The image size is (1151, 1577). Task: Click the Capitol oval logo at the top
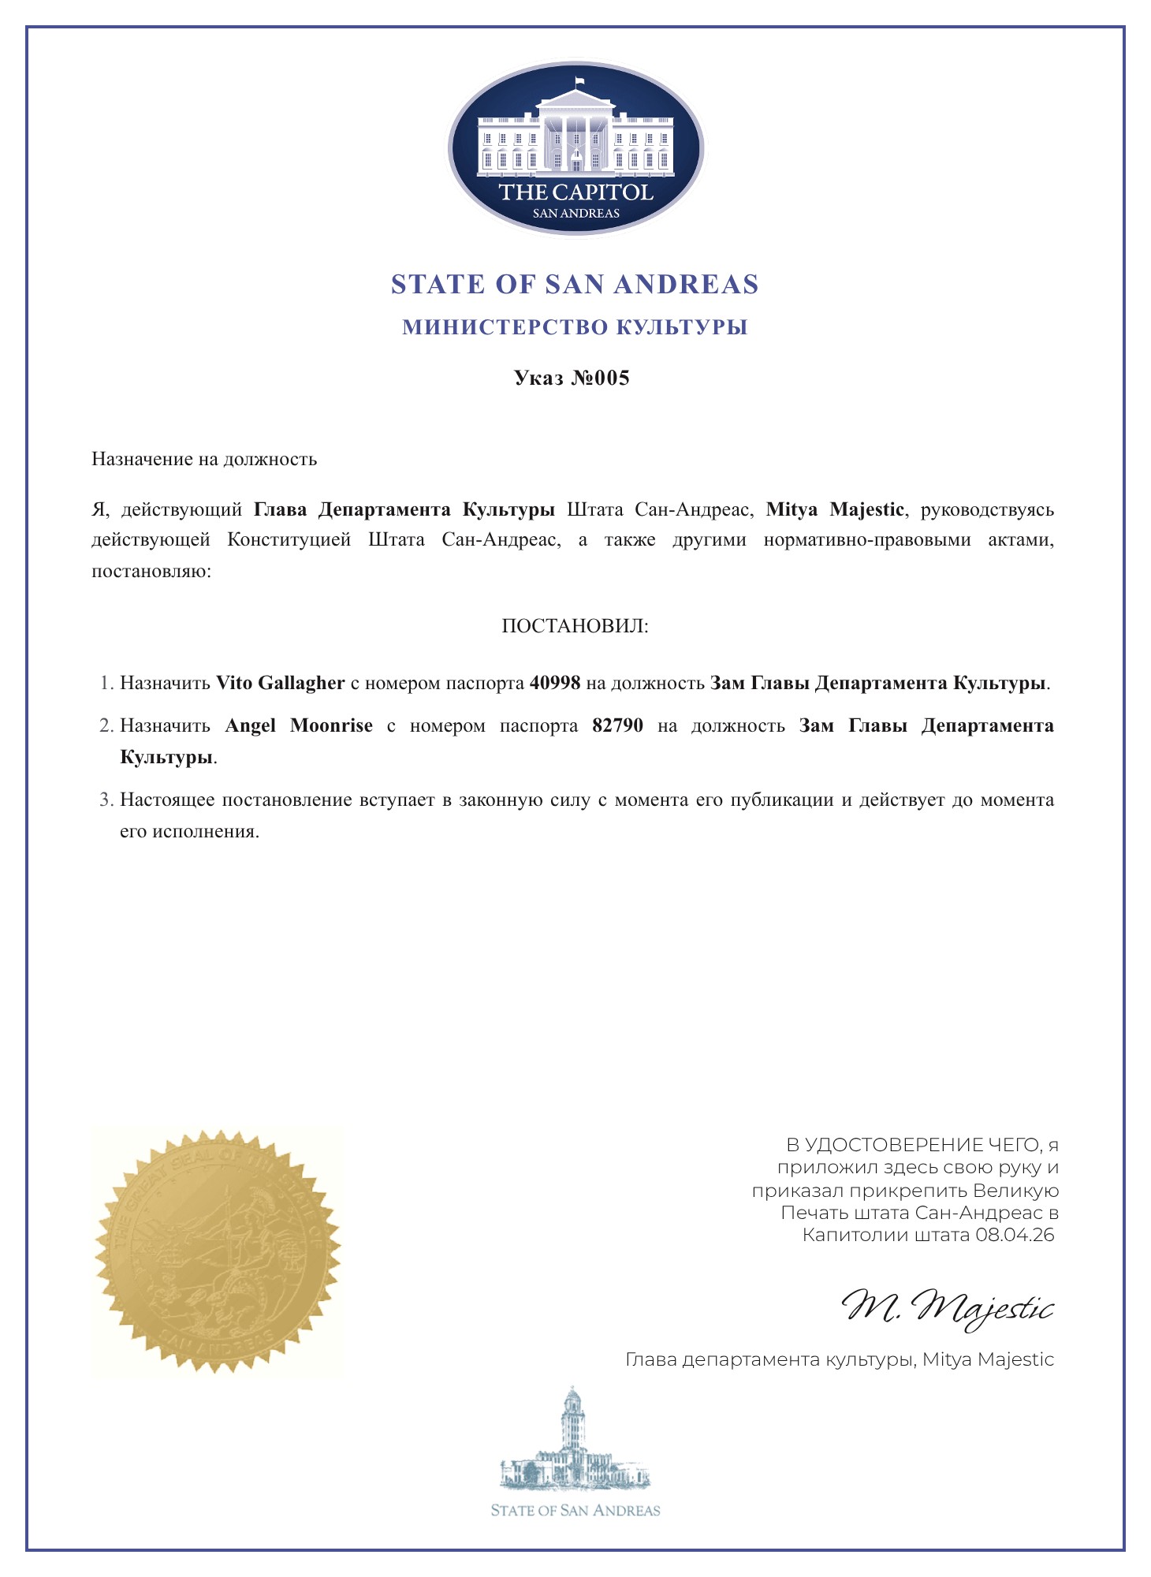(575, 148)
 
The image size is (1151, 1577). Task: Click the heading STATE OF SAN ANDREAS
(575, 285)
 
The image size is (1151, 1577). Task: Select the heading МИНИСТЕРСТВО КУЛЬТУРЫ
(575, 327)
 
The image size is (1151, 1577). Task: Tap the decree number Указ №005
(572, 378)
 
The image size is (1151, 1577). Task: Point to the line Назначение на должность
(204, 459)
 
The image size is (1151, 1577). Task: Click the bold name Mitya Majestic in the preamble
(835, 509)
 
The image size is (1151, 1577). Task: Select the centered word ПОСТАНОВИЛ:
(575, 627)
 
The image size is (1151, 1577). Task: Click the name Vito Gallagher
(280, 683)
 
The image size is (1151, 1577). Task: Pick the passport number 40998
(555, 683)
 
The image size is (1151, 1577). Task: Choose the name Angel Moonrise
(299, 725)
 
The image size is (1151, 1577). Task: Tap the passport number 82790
(617, 725)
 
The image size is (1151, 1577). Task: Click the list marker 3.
(106, 800)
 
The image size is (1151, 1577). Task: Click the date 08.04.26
(1015, 1235)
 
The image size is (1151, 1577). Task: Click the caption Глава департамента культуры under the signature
(769, 1359)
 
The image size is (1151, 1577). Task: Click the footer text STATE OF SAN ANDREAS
(575, 1511)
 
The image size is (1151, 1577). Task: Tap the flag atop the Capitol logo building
(579, 81)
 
